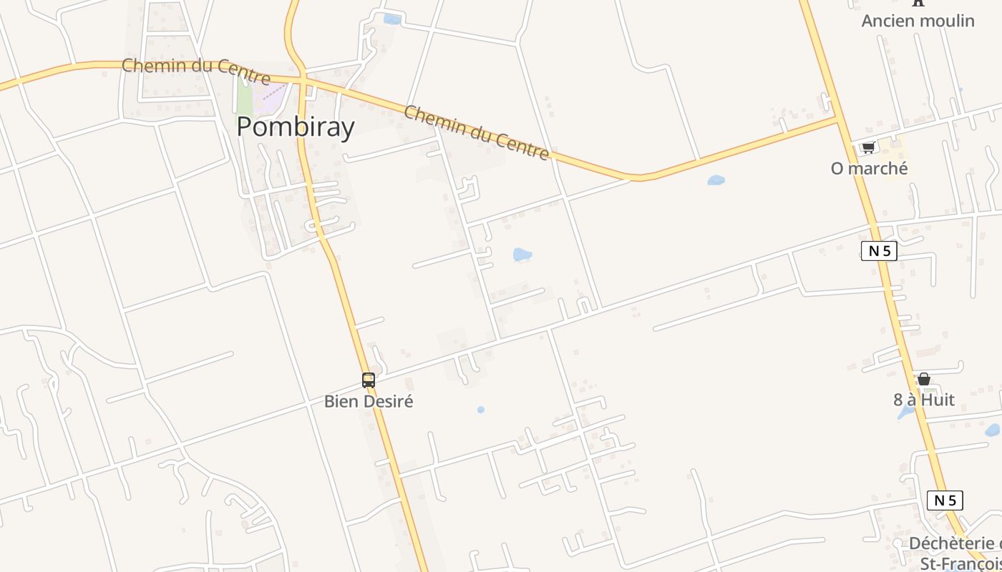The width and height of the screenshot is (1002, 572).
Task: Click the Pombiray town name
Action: coord(295,127)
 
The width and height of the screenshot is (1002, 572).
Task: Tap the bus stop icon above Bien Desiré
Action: coord(369,380)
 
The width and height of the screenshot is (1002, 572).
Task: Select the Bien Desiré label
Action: coord(369,401)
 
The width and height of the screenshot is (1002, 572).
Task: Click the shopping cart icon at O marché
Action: coord(868,147)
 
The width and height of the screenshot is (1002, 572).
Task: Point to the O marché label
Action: coord(869,168)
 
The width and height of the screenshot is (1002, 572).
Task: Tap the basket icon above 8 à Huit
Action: coord(924,379)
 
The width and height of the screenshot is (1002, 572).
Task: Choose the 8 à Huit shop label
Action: coord(923,400)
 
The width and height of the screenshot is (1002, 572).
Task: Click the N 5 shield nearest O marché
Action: coord(879,251)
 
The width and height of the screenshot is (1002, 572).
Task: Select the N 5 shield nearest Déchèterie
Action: coord(945,500)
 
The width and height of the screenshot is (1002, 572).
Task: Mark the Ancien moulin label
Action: coord(918,21)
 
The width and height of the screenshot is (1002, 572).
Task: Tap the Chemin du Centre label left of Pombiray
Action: coord(195,70)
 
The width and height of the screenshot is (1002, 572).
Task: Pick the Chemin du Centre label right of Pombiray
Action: coord(477,132)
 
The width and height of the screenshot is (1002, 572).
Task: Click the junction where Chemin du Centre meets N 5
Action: coord(838,118)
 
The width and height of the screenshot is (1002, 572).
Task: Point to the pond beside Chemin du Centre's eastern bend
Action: coord(716,180)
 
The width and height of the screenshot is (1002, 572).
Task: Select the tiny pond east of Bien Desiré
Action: coord(481,410)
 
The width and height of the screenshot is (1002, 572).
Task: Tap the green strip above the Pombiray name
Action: coord(244,97)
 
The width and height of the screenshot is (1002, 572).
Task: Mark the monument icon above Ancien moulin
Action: coord(918,3)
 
